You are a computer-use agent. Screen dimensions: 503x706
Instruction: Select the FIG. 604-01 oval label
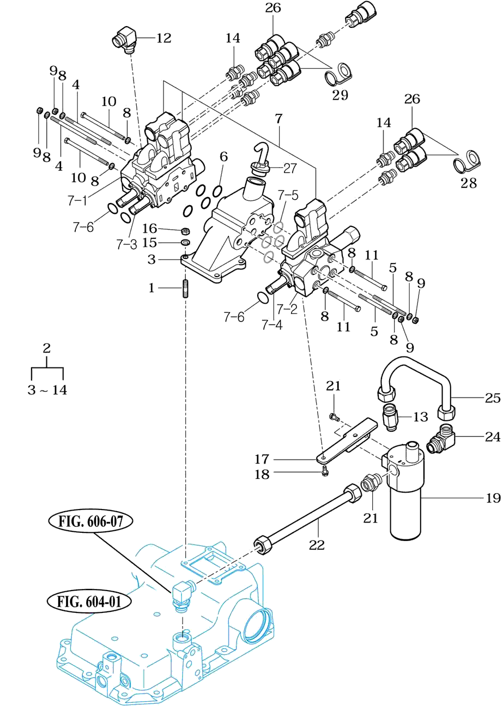(x=89, y=601)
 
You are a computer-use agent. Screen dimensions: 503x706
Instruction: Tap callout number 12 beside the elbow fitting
(x=164, y=38)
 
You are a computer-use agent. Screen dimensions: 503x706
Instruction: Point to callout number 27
(x=290, y=168)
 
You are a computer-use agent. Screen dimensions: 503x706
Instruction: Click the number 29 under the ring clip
(x=340, y=95)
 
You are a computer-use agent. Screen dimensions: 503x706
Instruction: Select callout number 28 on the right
(x=468, y=183)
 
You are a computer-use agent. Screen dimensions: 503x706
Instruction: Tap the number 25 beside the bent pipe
(x=493, y=398)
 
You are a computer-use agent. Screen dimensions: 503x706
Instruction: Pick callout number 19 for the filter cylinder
(x=493, y=498)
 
